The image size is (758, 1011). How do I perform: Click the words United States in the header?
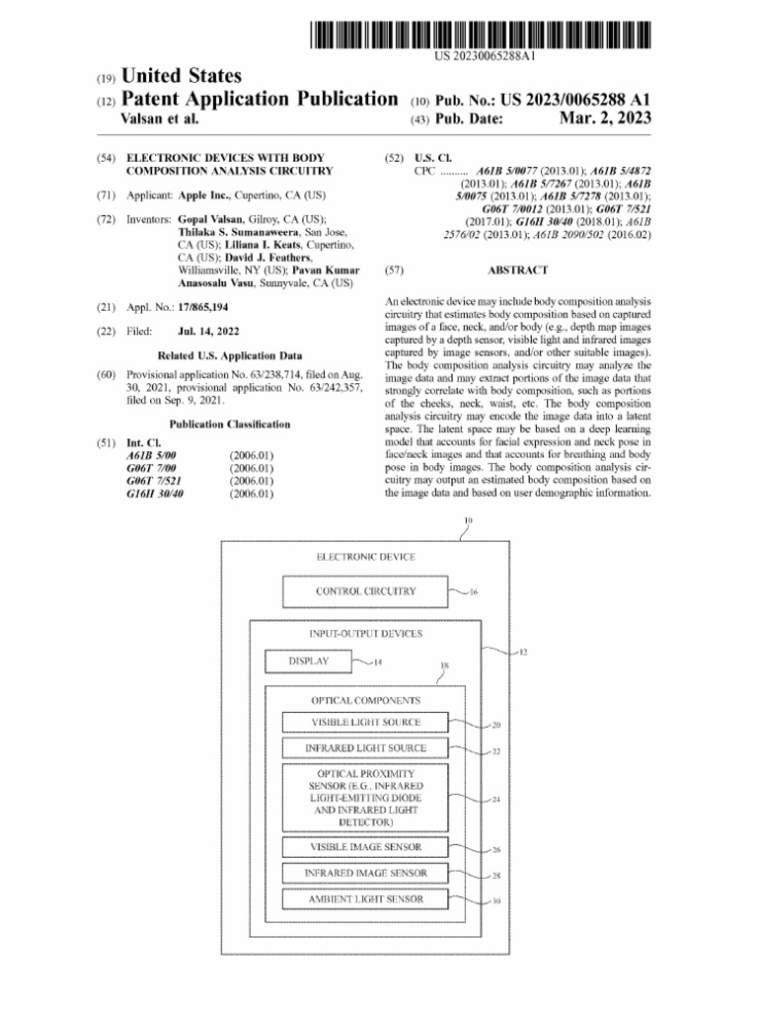181,76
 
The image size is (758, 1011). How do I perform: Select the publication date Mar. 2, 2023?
605,119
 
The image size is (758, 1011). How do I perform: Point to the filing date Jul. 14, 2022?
208,332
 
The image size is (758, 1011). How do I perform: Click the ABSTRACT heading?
518,270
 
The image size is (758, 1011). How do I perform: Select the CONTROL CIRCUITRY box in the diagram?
365,592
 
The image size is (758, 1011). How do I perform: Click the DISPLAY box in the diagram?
308,661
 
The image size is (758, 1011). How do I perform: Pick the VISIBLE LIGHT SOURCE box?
365,723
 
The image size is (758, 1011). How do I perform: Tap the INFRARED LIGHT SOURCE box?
365,748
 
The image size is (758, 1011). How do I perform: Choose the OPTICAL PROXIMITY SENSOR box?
365,797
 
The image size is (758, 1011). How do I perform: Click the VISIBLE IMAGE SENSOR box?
365,847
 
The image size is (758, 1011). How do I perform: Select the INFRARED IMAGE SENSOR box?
365,874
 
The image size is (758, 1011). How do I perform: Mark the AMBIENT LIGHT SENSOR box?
365,899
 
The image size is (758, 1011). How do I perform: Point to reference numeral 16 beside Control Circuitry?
474,593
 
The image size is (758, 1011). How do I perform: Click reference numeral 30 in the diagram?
496,901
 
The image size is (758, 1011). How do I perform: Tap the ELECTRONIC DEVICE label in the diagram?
365,557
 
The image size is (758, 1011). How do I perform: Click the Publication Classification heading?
230,425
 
